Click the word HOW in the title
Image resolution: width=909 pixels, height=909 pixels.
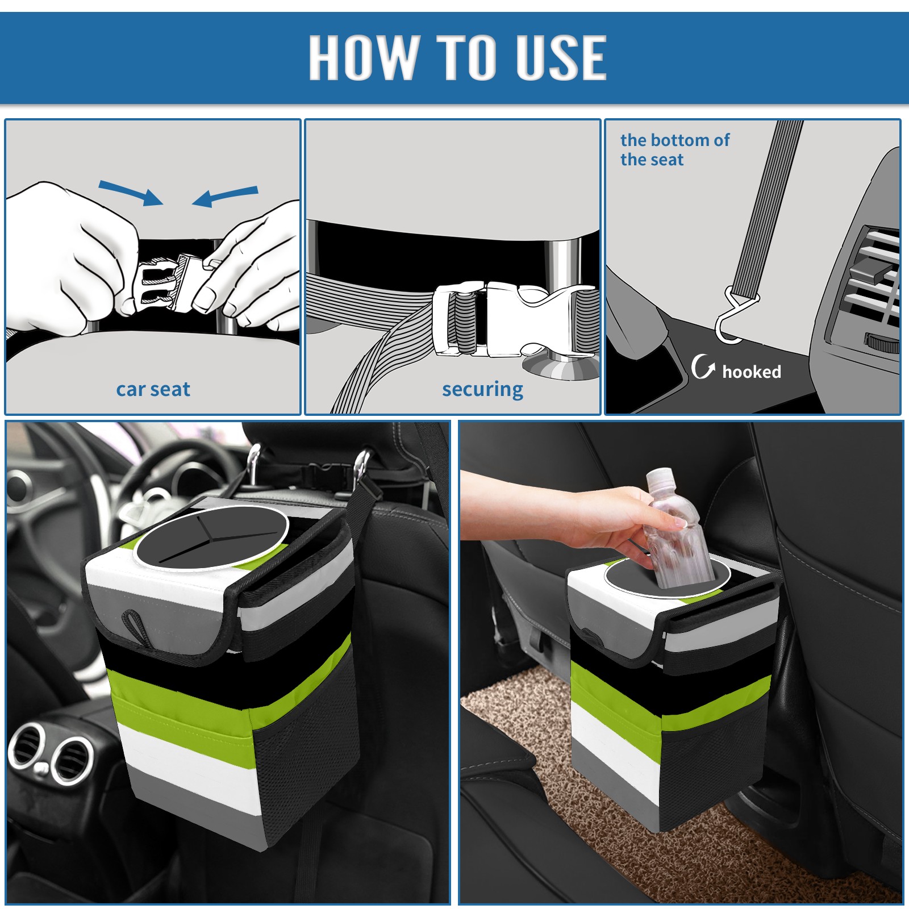pyautogui.click(x=362, y=57)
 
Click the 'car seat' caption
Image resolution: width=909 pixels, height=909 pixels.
pyautogui.click(x=153, y=389)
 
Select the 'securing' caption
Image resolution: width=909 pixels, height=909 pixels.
pyautogui.click(x=482, y=390)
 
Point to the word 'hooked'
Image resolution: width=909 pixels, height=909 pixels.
pyautogui.click(x=752, y=372)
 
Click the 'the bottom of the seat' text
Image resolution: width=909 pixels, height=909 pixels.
pyautogui.click(x=675, y=149)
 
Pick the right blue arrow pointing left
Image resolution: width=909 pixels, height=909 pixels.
pyautogui.click(x=225, y=196)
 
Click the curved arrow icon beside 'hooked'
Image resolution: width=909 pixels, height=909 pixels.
pyautogui.click(x=703, y=366)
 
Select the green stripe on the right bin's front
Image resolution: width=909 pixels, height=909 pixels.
pyautogui.click(x=616, y=690)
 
